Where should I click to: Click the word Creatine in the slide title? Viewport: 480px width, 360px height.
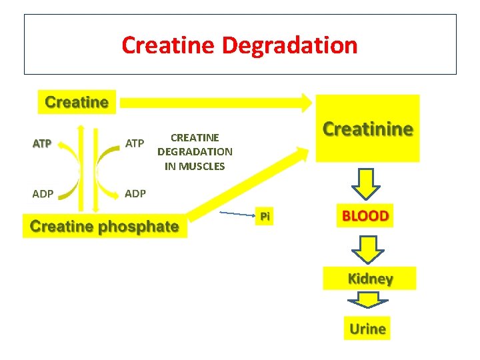coord(169,45)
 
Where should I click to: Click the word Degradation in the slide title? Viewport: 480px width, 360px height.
coord(289,45)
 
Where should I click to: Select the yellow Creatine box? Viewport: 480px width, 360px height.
coord(76,102)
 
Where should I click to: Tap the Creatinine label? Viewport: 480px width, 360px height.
coord(367,129)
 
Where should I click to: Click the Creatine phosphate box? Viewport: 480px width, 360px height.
coord(105,226)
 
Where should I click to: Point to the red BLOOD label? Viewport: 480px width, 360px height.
coord(365,216)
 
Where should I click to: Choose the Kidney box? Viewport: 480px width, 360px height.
coord(369,279)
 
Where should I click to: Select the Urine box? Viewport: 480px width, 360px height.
coord(367,328)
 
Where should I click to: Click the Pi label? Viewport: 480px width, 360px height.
coord(265,216)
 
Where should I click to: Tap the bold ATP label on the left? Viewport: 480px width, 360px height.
coord(42,143)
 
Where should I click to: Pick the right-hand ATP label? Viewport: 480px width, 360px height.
coord(135,143)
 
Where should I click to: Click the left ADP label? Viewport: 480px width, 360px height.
coord(43,193)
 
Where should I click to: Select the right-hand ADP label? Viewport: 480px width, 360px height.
coord(135,193)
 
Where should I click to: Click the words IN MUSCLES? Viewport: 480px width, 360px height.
coord(195,166)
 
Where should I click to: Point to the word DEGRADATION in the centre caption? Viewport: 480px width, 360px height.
coord(195,152)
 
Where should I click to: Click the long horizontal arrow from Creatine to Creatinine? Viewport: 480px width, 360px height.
coord(213,102)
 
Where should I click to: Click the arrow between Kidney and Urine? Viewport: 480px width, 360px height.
coord(369,301)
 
